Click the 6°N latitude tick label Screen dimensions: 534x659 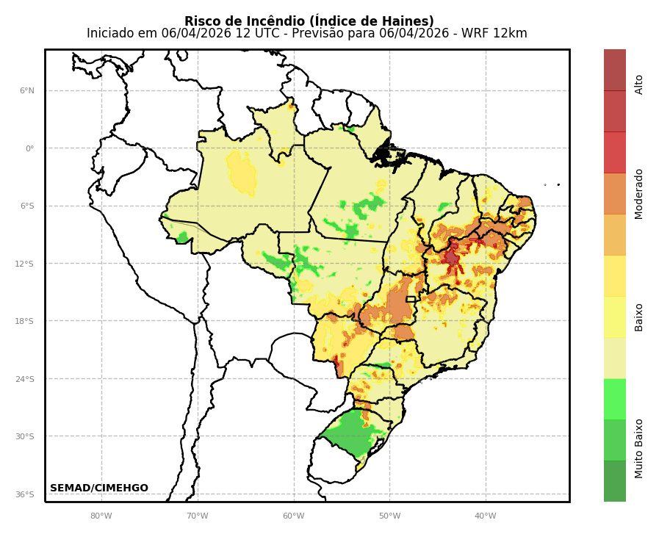point(26,91)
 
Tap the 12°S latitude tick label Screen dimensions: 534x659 point(26,264)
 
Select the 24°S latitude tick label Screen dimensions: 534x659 point(26,379)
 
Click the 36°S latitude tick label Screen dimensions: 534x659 point(26,494)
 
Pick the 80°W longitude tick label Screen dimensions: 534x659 point(101,516)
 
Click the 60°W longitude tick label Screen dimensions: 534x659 point(293,516)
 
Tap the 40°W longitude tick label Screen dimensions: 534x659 point(485,516)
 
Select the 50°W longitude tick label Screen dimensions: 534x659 point(389,516)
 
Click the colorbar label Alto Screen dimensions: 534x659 point(639,84)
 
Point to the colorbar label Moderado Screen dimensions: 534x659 point(639,193)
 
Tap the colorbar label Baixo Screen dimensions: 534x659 point(639,317)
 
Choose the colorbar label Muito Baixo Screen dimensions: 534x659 point(639,448)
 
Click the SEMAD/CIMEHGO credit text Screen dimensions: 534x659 point(99,488)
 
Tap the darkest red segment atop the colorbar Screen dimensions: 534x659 point(615,70)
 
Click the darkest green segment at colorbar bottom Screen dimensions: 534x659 point(615,481)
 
